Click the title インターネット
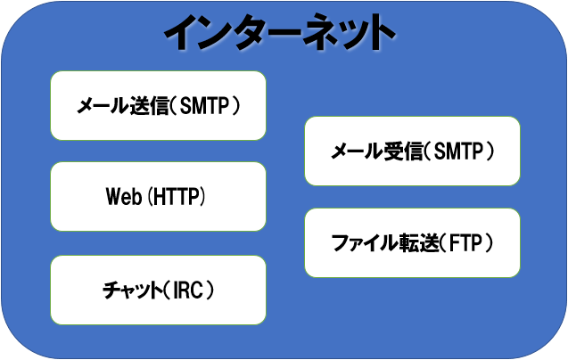pyautogui.click(x=279, y=35)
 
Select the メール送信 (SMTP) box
pyautogui.click(x=158, y=106)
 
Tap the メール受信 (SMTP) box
pyautogui.click(x=412, y=151)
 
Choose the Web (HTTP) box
pyautogui.click(x=158, y=196)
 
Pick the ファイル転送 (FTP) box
pyautogui.click(x=412, y=242)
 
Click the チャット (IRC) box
pyautogui.click(x=158, y=290)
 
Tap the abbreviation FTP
pyautogui.click(x=465, y=242)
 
